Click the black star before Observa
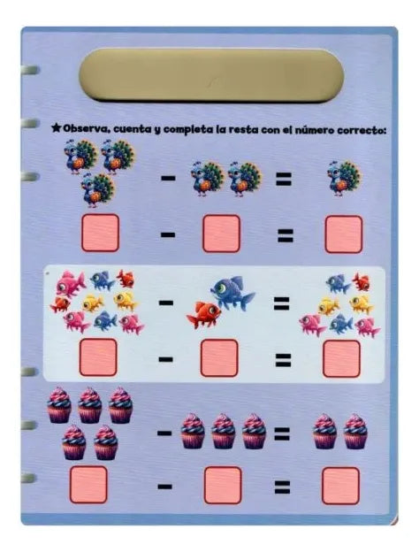(x=56, y=127)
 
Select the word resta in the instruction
(x=243, y=129)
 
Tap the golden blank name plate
(x=211, y=75)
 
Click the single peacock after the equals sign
(x=344, y=178)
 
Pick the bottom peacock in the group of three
(x=98, y=189)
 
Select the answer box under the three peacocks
(x=100, y=233)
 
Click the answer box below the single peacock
(x=343, y=234)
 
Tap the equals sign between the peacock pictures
(x=284, y=179)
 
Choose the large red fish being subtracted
(x=203, y=314)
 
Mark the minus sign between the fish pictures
(x=166, y=303)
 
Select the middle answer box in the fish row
(x=219, y=357)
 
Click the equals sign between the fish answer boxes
(x=283, y=360)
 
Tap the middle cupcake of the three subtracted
(x=224, y=431)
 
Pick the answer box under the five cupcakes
(x=88, y=485)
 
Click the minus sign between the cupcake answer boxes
(x=164, y=487)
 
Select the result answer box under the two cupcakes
(x=340, y=486)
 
